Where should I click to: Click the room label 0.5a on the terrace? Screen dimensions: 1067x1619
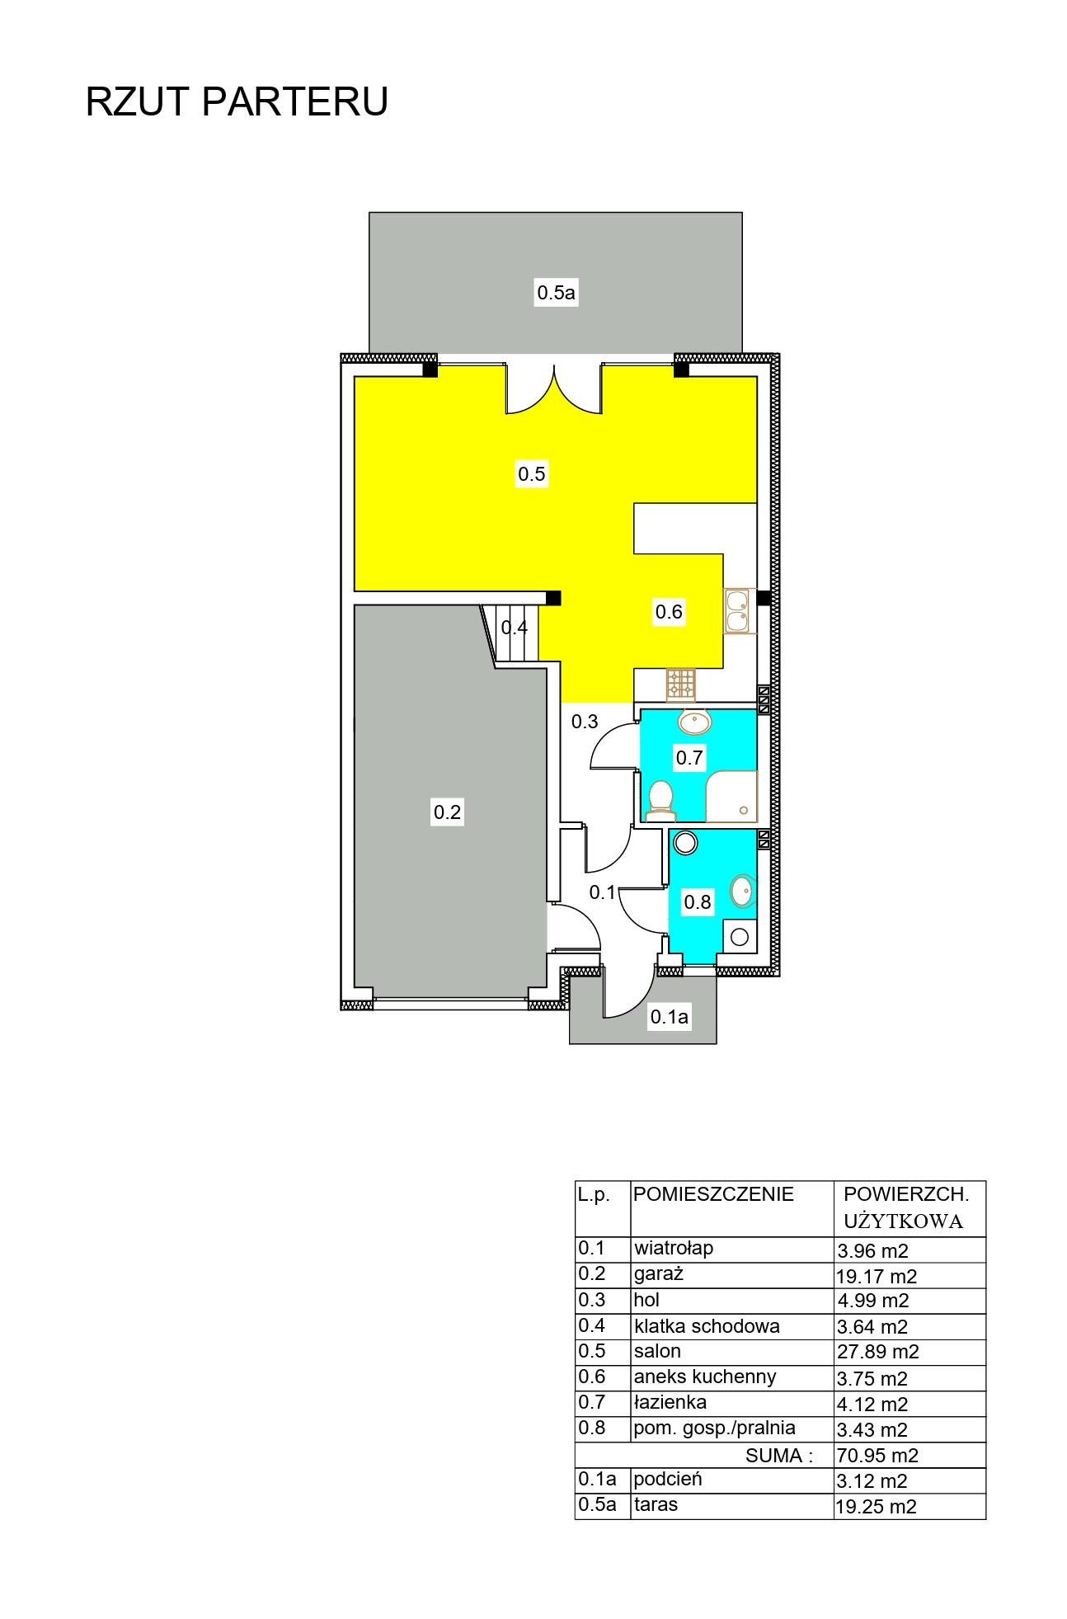click(557, 292)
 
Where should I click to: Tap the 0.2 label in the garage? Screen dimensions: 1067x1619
click(448, 812)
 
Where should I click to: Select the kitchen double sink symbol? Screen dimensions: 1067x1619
click(738, 611)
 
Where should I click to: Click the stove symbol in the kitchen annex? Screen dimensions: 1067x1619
click(681, 682)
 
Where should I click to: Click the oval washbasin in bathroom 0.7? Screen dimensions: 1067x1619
click(694, 723)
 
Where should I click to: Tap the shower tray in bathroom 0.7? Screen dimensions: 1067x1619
click(731, 797)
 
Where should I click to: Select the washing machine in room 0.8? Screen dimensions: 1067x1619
click(740, 937)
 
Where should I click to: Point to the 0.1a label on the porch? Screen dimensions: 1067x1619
click(669, 1018)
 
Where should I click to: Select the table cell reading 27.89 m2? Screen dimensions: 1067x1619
click(877, 1352)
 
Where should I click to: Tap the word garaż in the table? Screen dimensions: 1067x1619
click(659, 1273)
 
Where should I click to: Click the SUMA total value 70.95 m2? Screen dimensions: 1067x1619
click(877, 1456)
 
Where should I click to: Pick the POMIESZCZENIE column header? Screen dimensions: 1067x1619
click(714, 1193)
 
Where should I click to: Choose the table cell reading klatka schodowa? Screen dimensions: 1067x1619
click(707, 1326)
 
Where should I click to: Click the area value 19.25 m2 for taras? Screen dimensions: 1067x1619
click(877, 1507)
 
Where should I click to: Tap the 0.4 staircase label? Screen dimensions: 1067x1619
click(515, 628)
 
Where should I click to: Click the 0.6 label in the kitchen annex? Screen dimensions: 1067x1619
click(669, 612)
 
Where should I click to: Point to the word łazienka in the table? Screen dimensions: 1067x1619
click(670, 1402)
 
